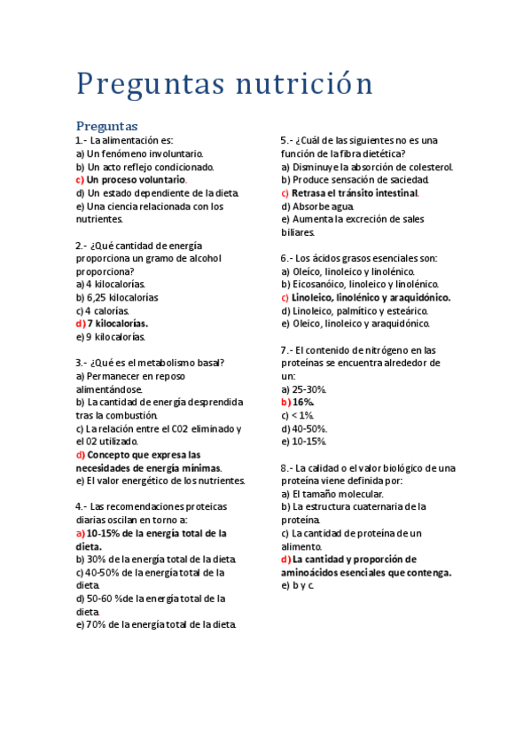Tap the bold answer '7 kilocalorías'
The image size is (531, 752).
[117, 324]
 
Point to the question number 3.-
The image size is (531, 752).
[82, 363]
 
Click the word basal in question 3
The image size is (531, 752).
[207, 363]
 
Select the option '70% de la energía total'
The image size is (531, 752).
[161, 624]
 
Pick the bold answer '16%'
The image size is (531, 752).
[303, 402]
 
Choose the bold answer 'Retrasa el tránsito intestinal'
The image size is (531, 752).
[355, 192]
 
